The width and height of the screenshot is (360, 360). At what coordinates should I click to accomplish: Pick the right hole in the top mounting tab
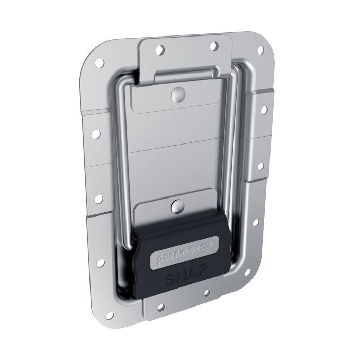(x=211, y=46)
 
